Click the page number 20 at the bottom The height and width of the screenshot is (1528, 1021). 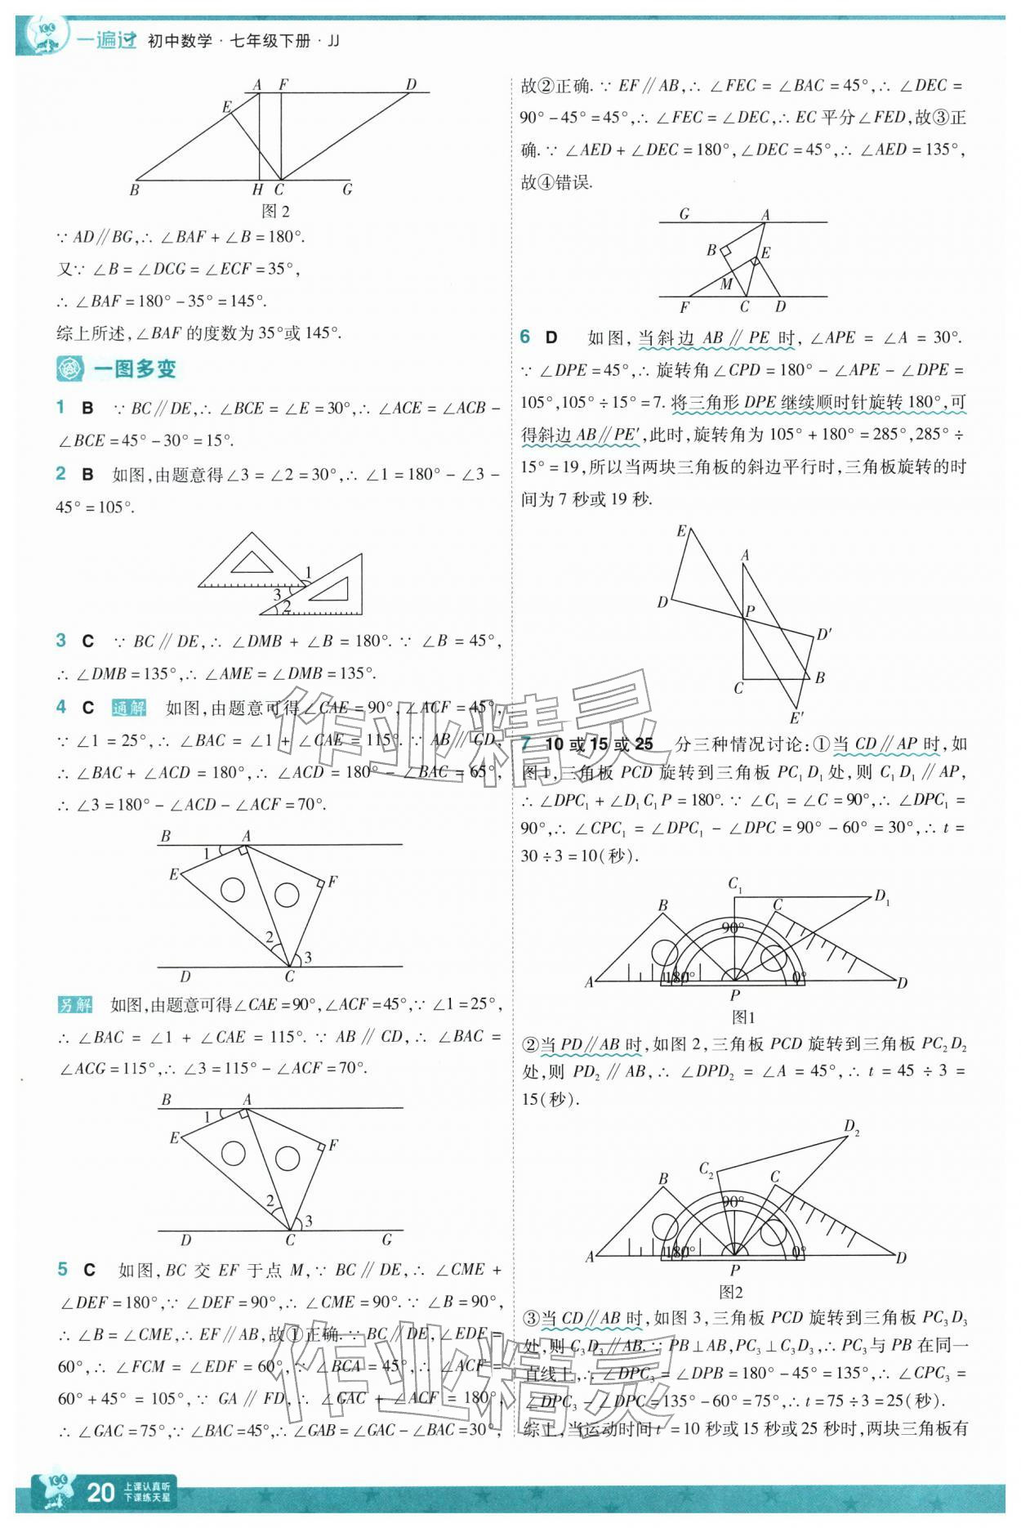[100, 1492]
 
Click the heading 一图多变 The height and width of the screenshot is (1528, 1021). [134, 369]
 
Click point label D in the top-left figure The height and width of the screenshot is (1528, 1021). [411, 84]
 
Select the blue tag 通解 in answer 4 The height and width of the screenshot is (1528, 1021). [128, 708]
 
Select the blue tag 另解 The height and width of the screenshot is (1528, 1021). [76, 1004]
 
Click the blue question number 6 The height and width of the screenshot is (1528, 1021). [526, 337]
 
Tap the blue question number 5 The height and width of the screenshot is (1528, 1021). [62, 1269]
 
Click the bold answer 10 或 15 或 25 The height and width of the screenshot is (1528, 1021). [599, 744]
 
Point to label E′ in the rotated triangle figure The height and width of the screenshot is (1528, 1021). [797, 718]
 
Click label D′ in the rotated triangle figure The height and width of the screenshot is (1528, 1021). [823, 634]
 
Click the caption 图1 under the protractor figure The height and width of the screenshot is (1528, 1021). [742, 1017]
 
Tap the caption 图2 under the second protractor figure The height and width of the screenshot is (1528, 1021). [730, 1292]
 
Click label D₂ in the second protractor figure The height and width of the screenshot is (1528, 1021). [851, 1128]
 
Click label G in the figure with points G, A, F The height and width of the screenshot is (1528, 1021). [684, 214]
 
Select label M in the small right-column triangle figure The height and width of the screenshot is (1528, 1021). [725, 284]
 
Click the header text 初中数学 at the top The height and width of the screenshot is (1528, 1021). [180, 40]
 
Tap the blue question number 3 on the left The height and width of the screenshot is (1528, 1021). [61, 641]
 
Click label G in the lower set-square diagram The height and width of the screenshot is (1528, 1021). [387, 1240]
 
